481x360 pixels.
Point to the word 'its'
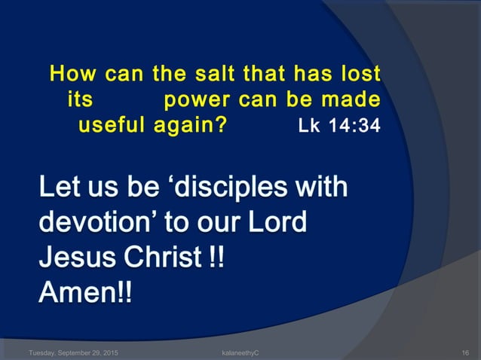81,100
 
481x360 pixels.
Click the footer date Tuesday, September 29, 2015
72,352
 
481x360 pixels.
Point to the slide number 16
465,352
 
